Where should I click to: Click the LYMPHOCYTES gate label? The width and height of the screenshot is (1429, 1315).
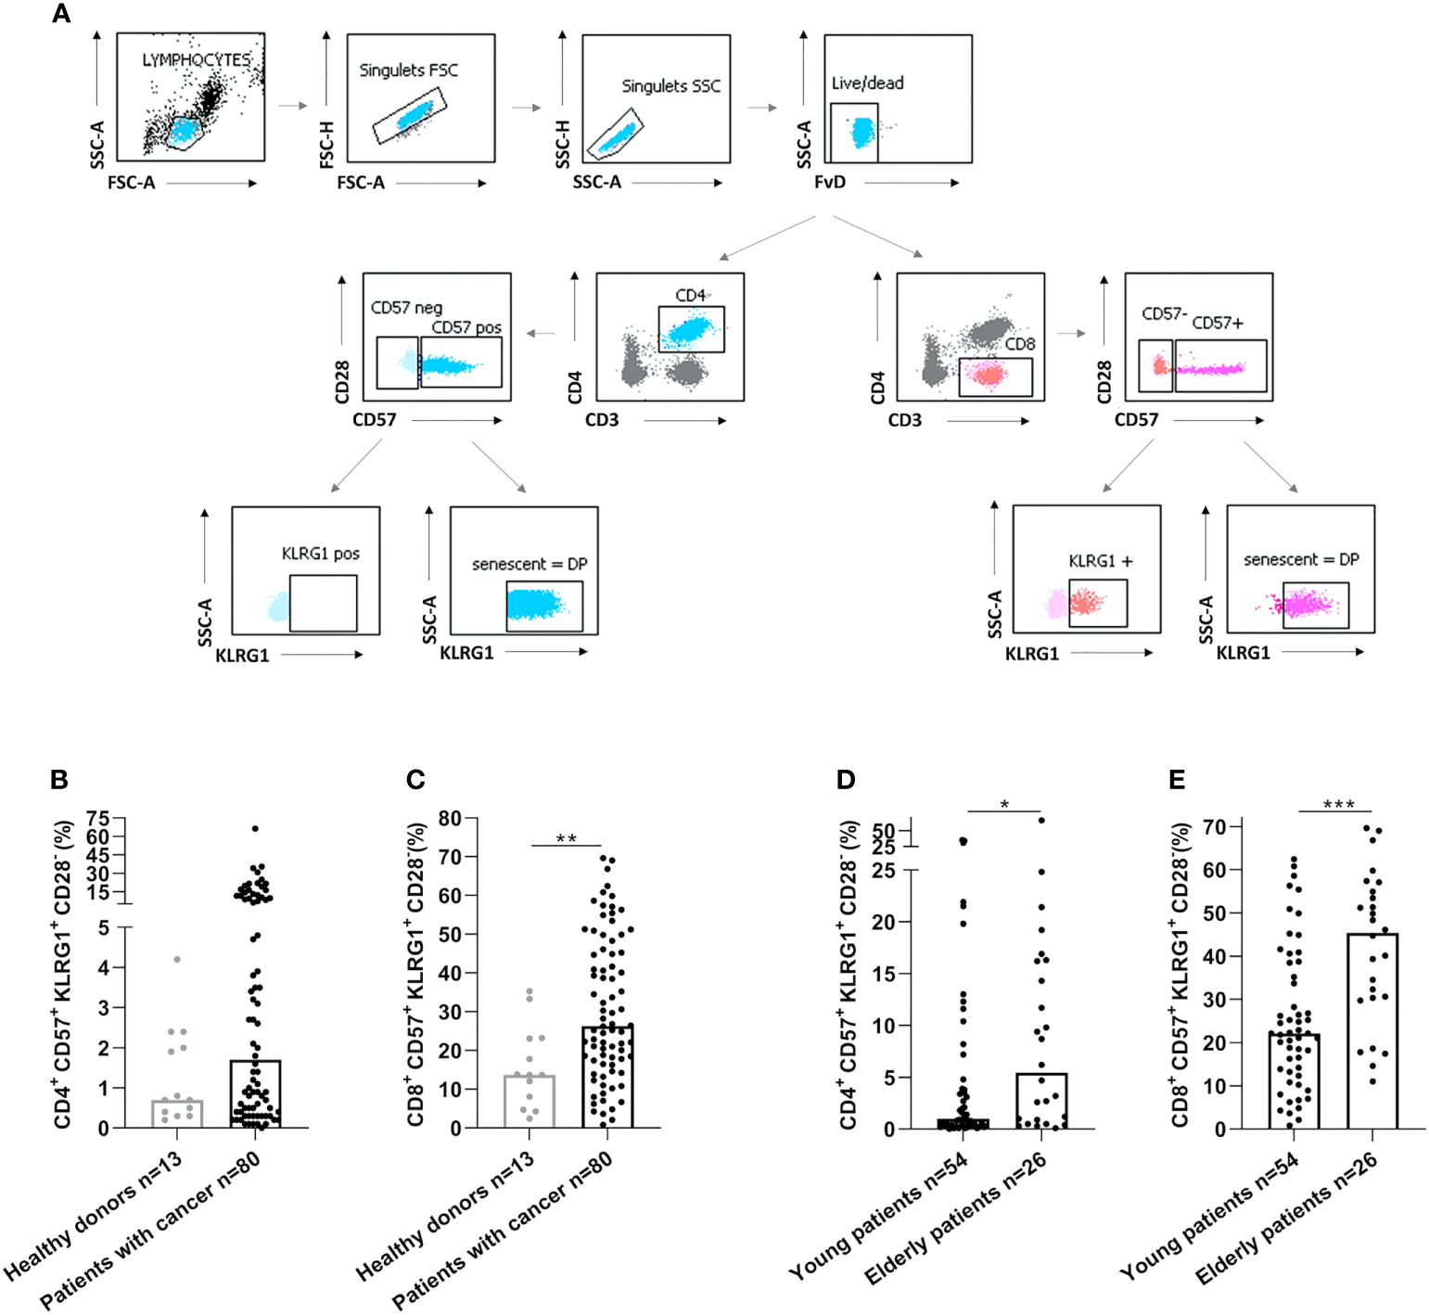pyautogui.click(x=196, y=60)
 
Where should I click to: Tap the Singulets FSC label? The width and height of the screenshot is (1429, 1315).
pyautogui.click(x=408, y=70)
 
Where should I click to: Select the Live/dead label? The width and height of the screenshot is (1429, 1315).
pyautogui.click(x=867, y=83)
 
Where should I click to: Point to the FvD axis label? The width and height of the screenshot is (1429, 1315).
pyautogui.click(x=830, y=183)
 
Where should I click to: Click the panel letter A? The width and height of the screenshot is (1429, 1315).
pyautogui.click(x=61, y=14)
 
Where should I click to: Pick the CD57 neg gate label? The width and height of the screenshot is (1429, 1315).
pyautogui.click(x=406, y=308)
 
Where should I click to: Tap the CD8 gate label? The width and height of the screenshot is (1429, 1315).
pyautogui.click(x=1019, y=344)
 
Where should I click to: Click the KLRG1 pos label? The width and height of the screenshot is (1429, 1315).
pyautogui.click(x=320, y=554)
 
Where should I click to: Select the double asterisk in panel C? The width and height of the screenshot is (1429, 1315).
pyautogui.click(x=566, y=839)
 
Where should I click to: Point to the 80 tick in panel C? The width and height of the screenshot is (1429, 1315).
pyautogui.click(x=450, y=819)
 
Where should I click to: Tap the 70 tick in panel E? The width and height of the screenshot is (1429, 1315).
pyautogui.click(x=1214, y=826)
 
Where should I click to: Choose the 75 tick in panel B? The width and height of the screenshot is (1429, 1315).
pyautogui.click(x=97, y=818)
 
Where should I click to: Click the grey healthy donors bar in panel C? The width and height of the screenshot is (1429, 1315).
pyautogui.click(x=529, y=1102)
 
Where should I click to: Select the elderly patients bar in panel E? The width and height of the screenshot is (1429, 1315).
pyautogui.click(x=1372, y=1030)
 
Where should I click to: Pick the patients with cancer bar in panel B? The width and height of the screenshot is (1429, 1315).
pyautogui.click(x=255, y=1094)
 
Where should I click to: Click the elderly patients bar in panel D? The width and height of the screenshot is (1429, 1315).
pyautogui.click(x=1041, y=1101)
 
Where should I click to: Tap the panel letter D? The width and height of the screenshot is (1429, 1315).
pyautogui.click(x=845, y=780)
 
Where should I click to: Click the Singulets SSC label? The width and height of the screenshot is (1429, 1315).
pyautogui.click(x=670, y=86)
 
